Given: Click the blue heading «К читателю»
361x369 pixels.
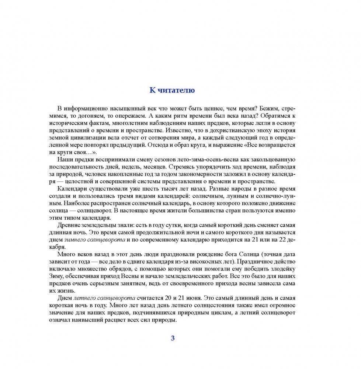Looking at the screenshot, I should [x=172, y=90].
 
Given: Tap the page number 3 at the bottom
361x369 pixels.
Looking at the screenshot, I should [x=173, y=338].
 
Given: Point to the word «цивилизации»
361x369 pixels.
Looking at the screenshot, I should [x=82, y=138].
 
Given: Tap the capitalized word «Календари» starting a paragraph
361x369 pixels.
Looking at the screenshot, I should [x=72, y=188].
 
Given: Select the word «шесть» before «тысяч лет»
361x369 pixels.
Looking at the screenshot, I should [x=153, y=188].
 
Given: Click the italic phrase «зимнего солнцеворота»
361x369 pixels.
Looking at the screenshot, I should [x=95, y=240].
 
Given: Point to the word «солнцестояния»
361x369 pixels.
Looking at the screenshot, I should [x=228, y=305].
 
